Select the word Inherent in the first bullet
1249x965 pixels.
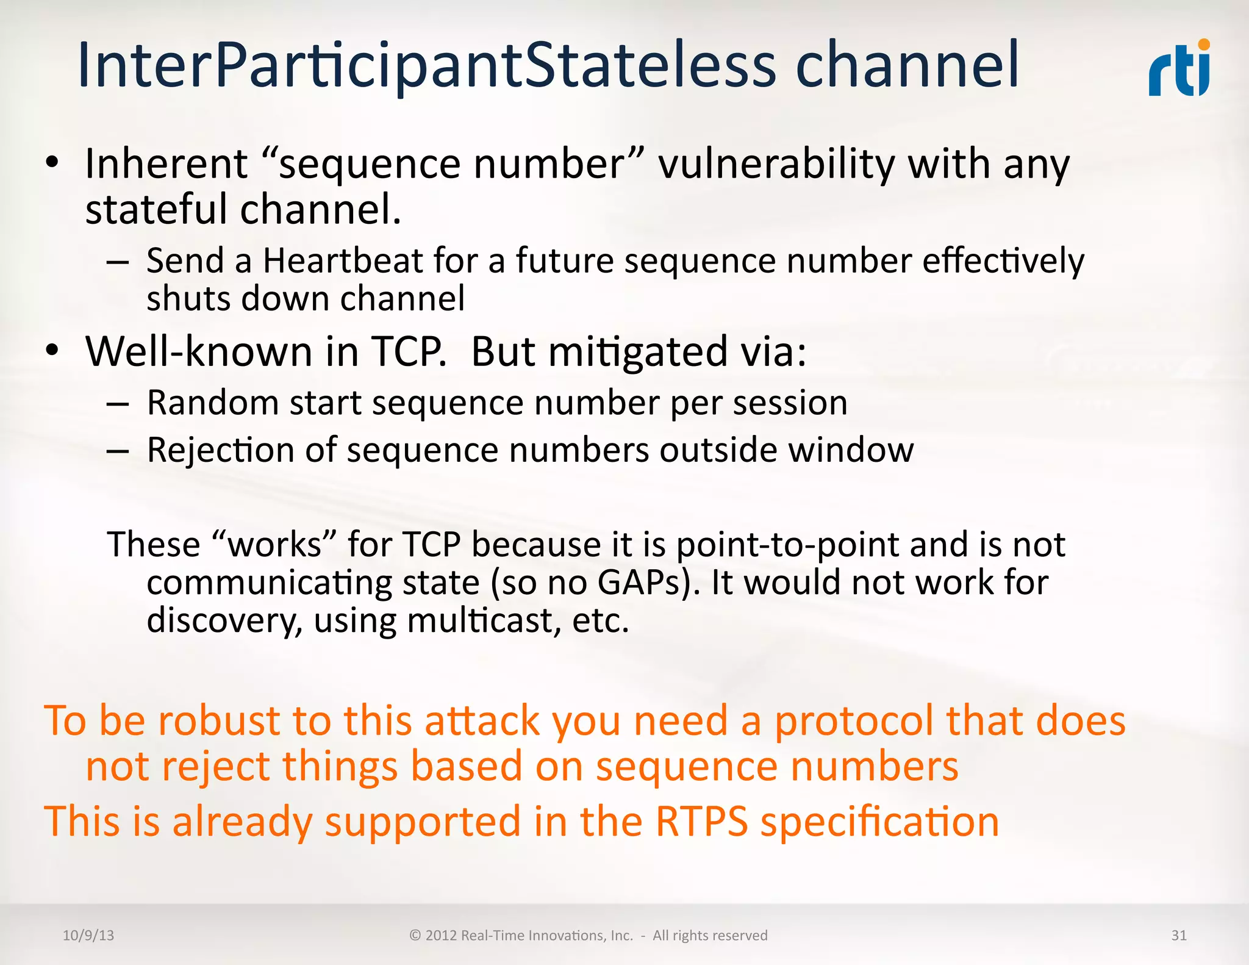[166, 165]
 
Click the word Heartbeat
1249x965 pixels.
[342, 261]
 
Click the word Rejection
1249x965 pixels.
[220, 451]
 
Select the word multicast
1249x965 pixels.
[484, 621]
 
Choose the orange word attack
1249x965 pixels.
[482, 721]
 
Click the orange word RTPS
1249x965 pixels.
[701, 822]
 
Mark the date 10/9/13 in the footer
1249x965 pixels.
[88, 936]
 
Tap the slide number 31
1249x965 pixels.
[1179, 936]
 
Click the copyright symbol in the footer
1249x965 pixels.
[415, 936]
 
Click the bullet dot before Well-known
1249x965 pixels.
[52, 350]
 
